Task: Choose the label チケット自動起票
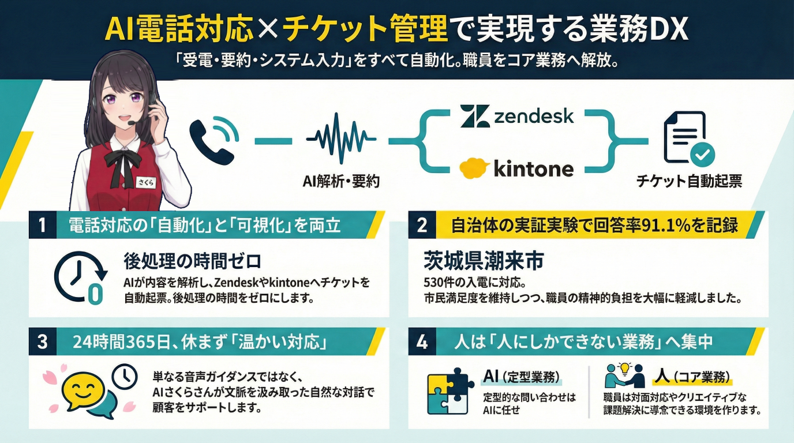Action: click(x=688, y=182)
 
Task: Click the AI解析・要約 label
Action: click(x=341, y=182)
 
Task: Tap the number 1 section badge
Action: click(x=43, y=225)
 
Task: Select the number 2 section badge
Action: click(x=422, y=225)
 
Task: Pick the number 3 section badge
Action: click(x=43, y=341)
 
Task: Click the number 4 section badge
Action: click(x=422, y=341)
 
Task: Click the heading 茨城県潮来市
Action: click(x=484, y=260)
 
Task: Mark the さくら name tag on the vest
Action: click(x=144, y=182)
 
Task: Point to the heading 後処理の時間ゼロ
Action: click(x=193, y=260)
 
